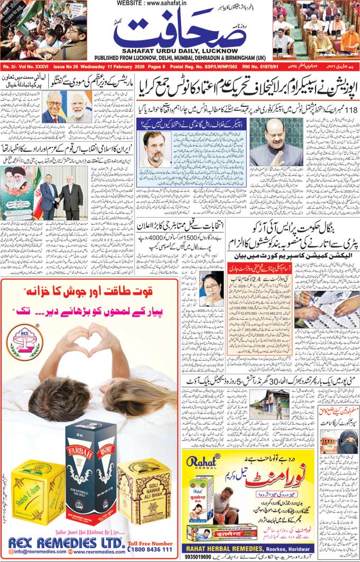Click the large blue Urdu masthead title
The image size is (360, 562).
click(x=180, y=33)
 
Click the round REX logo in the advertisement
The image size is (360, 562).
click(x=24, y=341)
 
